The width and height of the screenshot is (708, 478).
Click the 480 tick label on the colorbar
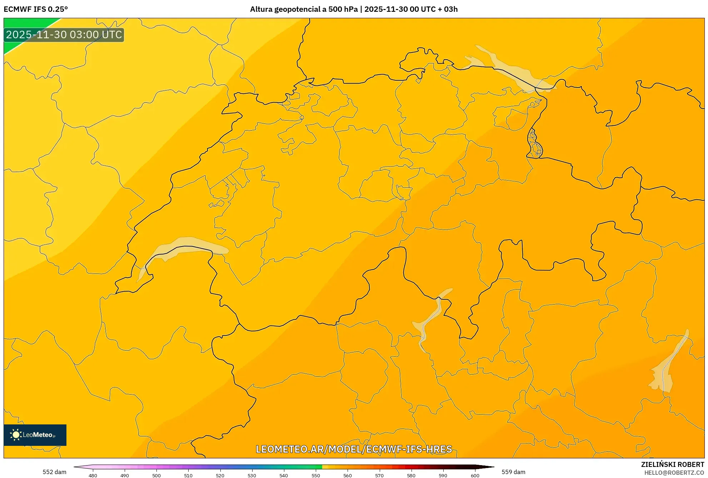[93, 475]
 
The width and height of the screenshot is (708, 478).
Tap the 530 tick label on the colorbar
[252, 475]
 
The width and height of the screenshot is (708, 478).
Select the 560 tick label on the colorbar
[347, 475]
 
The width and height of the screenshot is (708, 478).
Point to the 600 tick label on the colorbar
[475, 475]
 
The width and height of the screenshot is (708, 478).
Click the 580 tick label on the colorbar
[411, 475]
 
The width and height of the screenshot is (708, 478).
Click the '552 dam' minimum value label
[54, 472]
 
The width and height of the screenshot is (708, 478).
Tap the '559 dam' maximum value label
[513, 472]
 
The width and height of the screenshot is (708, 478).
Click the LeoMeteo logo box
[35, 435]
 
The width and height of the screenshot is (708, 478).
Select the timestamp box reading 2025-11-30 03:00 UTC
[64, 35]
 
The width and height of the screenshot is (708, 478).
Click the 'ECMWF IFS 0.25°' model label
[36, 9]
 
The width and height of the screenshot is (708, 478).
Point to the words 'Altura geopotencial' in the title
[282, 9]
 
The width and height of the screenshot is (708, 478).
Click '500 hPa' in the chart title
[343, 9]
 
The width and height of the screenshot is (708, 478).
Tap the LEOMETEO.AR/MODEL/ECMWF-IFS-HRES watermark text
[354, 449]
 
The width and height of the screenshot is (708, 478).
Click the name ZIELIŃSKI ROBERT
[673, 464]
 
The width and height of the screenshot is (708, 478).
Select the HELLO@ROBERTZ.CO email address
[674, 473]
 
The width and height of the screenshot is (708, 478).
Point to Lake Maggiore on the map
[430, 318]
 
